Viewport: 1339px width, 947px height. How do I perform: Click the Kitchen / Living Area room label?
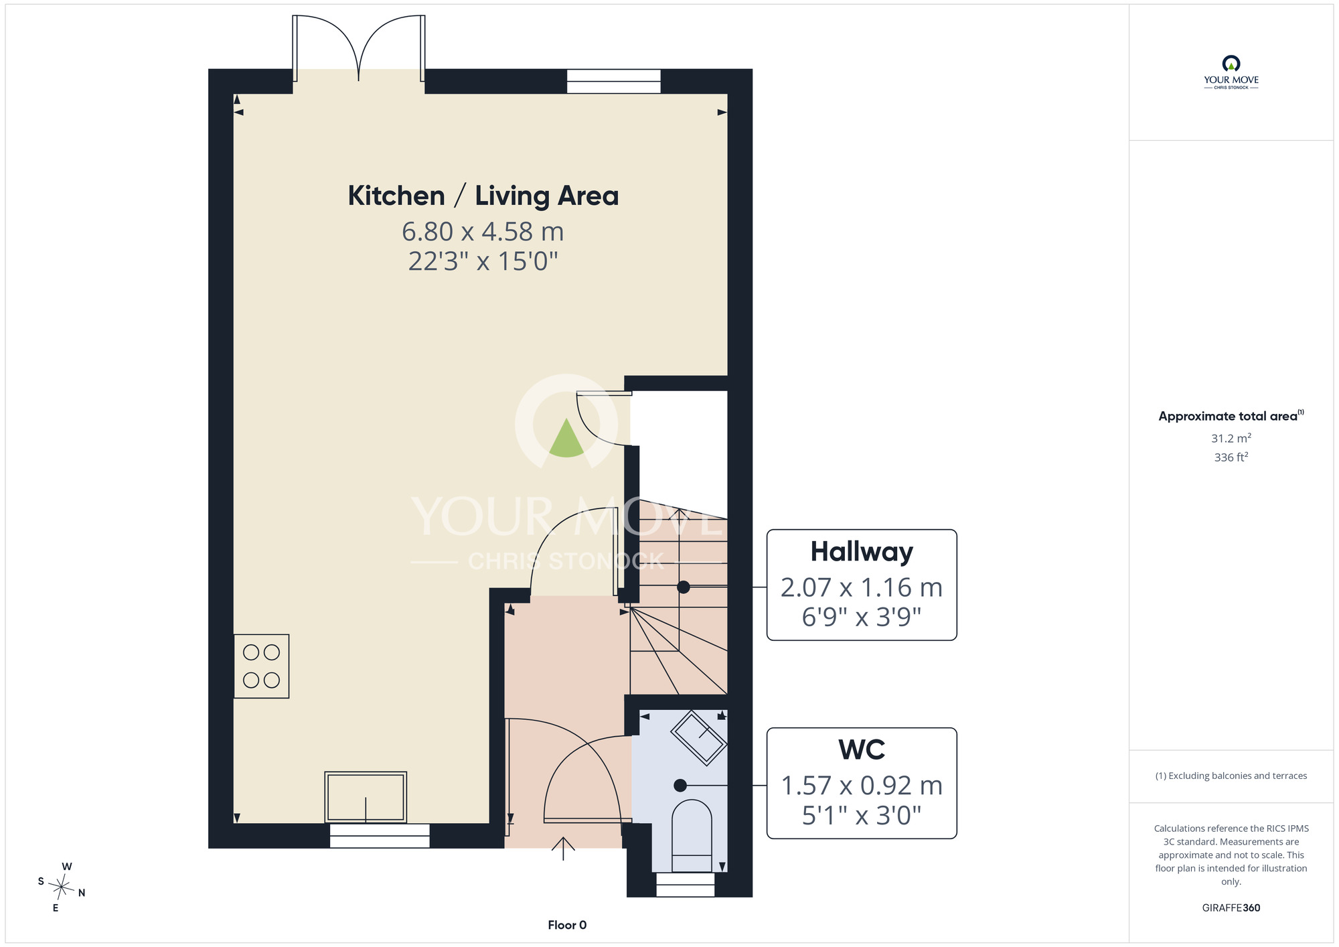click(x=483, y=196)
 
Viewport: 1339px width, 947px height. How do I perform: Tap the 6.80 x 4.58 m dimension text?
click(x=483, y=232)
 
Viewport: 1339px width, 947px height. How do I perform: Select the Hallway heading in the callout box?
click(x=862, y=553)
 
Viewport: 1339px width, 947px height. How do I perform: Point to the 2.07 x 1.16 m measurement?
click(x=862, y=587)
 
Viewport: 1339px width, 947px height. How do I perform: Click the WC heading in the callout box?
click(x=862, y=750)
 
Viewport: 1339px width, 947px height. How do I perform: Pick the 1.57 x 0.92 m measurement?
click(x=862, y=786)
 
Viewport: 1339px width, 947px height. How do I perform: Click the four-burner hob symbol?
click(x=261, y=666)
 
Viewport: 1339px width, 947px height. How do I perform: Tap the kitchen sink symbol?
click(x=366, y=797)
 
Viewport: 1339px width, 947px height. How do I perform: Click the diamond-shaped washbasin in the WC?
click(x=699, y=737)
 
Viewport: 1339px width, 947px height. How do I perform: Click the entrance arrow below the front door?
click(x=563, y=849)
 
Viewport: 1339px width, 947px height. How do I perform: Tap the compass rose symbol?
click(x=62, y=887)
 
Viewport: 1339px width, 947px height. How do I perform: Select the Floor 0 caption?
click(x=567, y=925)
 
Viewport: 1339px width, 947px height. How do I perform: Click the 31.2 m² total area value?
click(x=1231, y=438)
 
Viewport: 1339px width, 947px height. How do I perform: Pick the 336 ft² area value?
click(x=1231, y=457)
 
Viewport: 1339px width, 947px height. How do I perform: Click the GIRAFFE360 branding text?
click(x=1231, y=908)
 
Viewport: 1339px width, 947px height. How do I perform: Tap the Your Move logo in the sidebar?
click(x=1231, y=72)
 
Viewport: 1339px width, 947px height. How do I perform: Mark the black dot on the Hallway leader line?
click(x=684, y=587)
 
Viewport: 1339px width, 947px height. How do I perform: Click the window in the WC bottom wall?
click(x=685, y=884)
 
